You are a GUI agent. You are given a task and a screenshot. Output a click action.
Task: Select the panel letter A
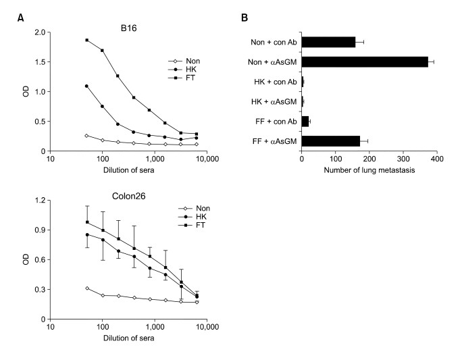click(x=20, y=17)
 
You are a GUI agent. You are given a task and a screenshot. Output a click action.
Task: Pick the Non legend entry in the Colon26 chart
click(x=197, y=209)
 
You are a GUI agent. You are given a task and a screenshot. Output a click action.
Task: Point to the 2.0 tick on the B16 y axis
click(x=39, y=32)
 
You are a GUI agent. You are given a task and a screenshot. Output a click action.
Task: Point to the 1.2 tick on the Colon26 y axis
click(x=39, y=201)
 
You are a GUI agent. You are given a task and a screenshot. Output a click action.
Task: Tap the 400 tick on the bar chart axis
click(x=436, y=160)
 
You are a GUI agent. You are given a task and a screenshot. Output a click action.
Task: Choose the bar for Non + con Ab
click(x=328, y=42)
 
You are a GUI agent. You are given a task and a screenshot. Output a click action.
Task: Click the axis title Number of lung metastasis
click(x=369, y=170)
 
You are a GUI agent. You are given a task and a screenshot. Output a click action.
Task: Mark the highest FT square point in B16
click(x=87, y=40)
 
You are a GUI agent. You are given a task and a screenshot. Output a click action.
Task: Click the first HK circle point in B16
click(x=87, y=86)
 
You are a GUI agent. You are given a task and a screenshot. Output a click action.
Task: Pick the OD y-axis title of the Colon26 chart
click(x=24, y=260)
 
